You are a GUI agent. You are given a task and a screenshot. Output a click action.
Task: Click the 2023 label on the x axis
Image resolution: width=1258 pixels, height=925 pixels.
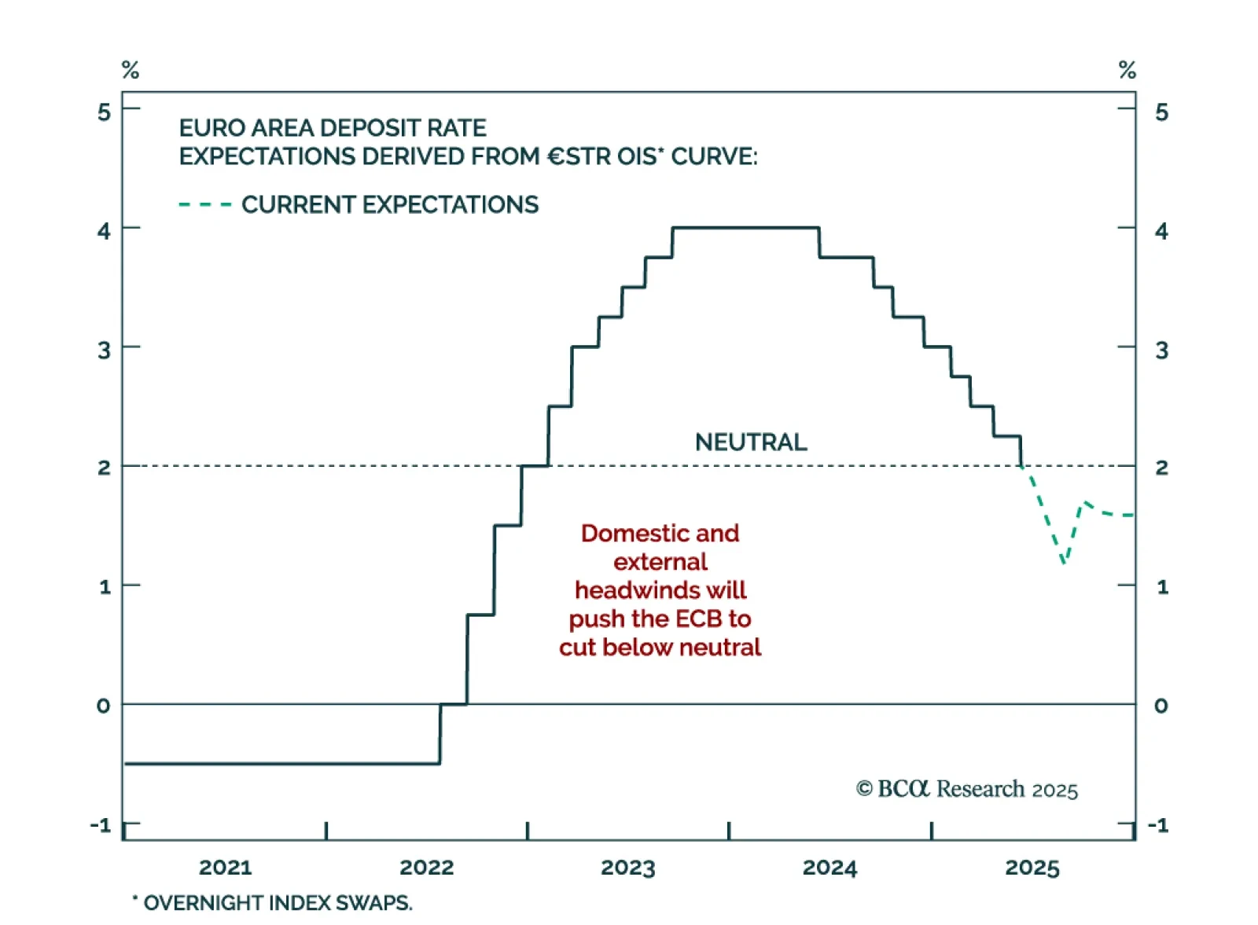point(627,868)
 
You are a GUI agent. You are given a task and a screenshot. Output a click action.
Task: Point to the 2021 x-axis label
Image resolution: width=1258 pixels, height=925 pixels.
point(225,868)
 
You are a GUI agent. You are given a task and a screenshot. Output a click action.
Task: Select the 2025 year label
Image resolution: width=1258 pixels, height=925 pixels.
point(1032,868)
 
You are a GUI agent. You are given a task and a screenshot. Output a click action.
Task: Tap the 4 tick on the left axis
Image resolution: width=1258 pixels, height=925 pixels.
point(104,231)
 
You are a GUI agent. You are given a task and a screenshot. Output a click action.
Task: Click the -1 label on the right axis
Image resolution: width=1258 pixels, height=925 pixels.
point(1158,825)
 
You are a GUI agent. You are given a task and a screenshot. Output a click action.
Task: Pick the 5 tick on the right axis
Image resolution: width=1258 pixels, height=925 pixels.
point(1161,112)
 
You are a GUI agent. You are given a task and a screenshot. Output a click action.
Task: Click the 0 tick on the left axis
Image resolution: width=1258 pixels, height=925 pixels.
point(104,706)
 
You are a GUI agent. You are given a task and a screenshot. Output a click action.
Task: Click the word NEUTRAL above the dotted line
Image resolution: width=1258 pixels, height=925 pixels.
point(751,442)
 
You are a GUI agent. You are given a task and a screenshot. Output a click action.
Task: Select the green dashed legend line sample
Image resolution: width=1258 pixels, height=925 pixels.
point(205,205)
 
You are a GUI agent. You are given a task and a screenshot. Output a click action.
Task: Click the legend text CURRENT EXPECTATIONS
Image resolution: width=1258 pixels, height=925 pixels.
point(390,205)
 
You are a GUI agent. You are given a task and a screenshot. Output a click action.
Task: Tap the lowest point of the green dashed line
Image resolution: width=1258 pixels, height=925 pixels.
point(1064,562)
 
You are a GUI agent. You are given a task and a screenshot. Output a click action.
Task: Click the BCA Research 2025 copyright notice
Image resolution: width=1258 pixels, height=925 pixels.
point(966,789)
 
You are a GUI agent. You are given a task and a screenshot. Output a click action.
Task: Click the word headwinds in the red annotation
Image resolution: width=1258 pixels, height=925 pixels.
point(638,590)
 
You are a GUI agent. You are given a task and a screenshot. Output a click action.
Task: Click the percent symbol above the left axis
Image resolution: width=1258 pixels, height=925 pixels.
point(131,70)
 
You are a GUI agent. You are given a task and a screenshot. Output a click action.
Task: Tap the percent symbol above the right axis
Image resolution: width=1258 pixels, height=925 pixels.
point(1127,70)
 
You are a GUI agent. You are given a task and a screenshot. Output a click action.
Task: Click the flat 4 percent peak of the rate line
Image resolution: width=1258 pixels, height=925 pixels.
point(745,228)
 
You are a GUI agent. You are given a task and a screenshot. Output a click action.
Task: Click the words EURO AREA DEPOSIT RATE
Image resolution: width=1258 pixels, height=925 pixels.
point(333,128)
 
